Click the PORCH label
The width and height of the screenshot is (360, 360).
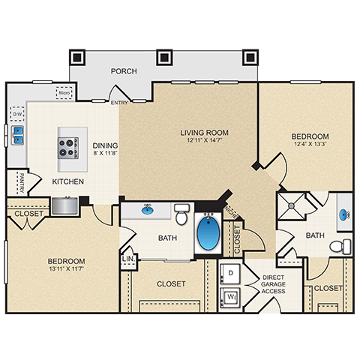click(124, 72)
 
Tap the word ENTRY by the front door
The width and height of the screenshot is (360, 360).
click(118, 103)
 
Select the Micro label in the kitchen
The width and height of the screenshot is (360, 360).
click(64, 94)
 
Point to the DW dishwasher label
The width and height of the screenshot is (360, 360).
click(17, 114)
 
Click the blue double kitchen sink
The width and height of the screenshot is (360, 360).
click(16, 135)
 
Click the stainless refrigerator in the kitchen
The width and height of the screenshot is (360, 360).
click(64, 204)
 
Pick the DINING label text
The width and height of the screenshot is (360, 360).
click(104, 145)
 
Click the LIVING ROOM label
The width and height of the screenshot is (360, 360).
click(204, 133)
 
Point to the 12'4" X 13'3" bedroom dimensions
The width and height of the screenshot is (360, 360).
click(310, 145)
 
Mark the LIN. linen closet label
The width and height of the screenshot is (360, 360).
click(127, 259)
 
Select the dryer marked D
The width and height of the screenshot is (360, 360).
click(231, 272)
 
